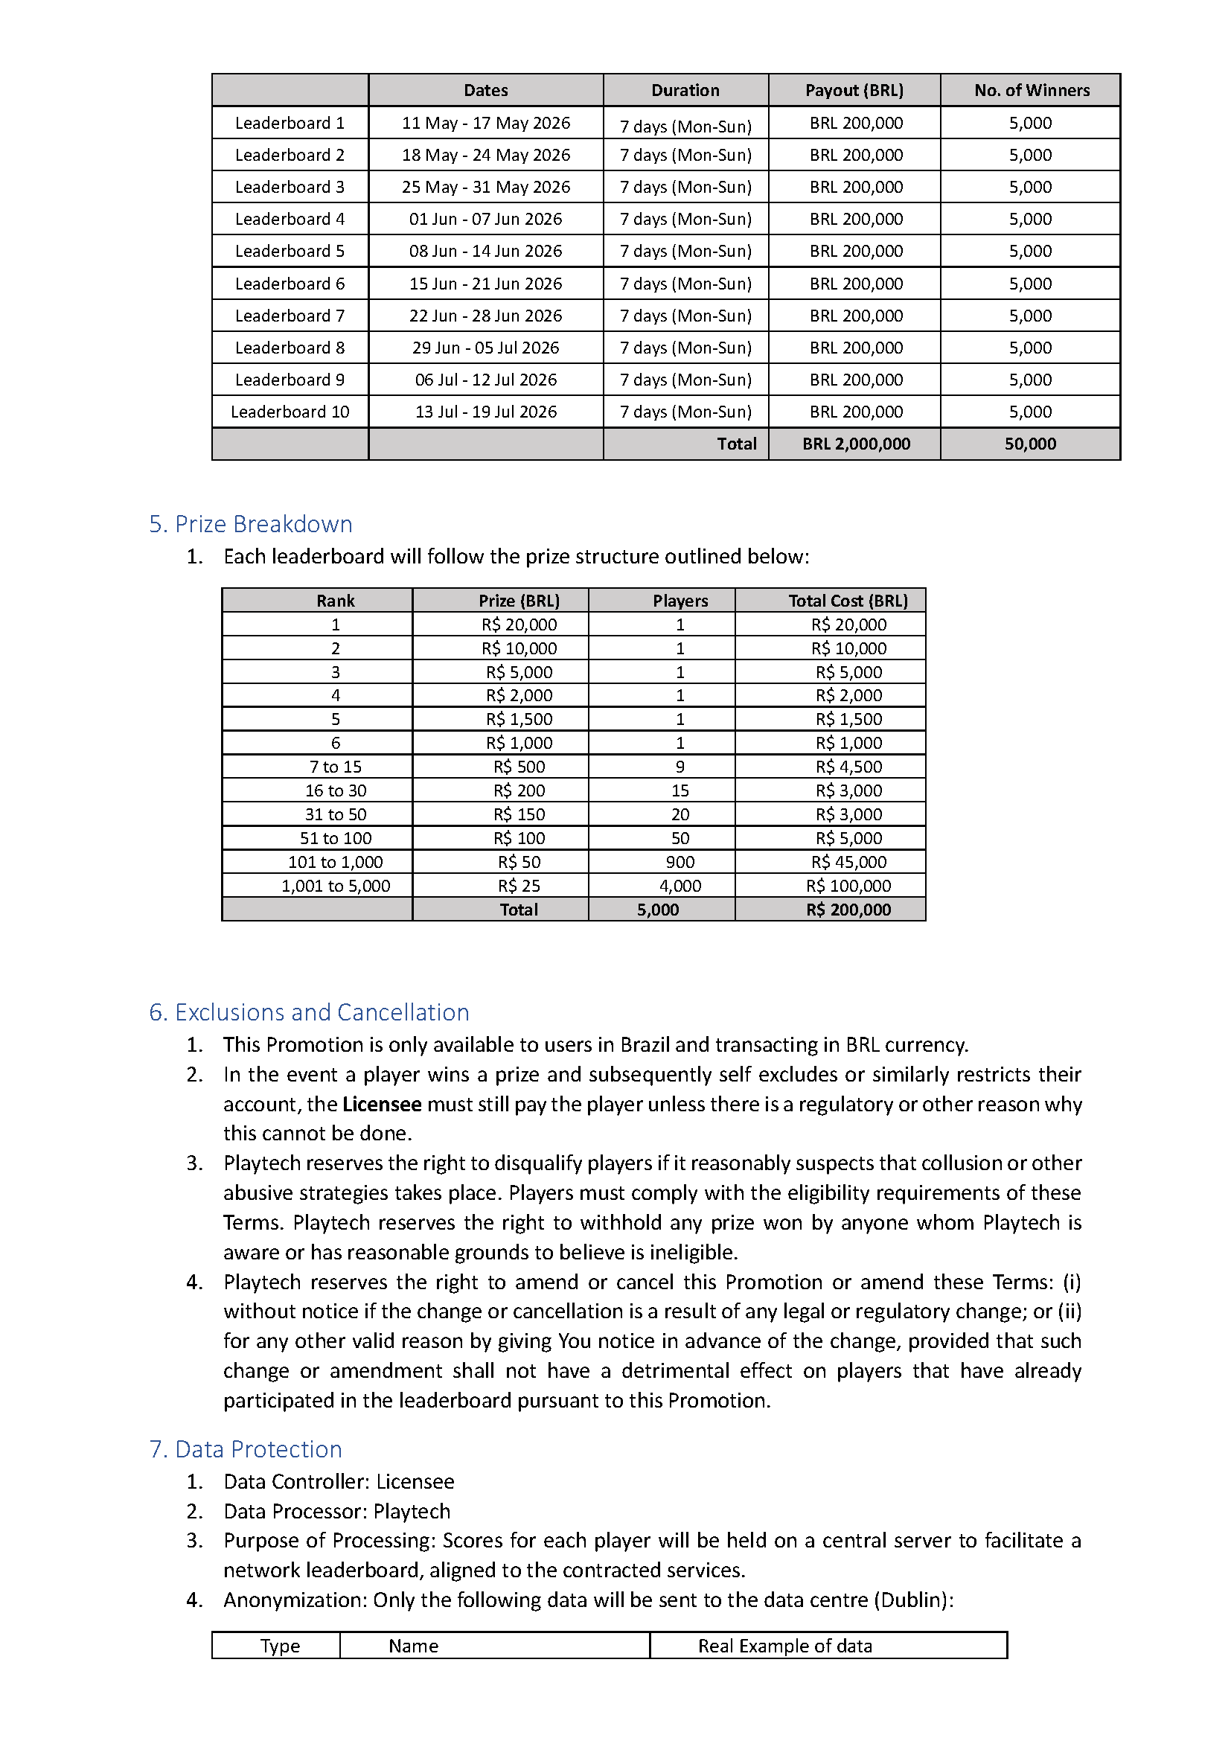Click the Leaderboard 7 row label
click(290, 316)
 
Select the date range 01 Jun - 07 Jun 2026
click(485, 219)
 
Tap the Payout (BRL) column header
click(854, 90)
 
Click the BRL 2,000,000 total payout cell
click(856, 444)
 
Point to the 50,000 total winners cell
click(1030, 444)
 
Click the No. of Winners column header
click(1032, 90)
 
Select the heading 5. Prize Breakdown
click(250, 524)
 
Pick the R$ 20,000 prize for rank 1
click(519, 624)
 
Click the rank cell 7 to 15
click(335, 767)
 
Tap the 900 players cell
click(680, 862)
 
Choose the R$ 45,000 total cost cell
click(848, 862)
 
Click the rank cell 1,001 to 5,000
click(335, 886)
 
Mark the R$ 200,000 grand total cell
click(848, 910)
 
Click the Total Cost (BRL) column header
click(848, 601)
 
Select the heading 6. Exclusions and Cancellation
click(309, 1012)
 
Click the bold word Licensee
click(381, 1104)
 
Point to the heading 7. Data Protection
click(246, 1449)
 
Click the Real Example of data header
click(784, 1646)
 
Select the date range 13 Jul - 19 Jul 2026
click(485, 412)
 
